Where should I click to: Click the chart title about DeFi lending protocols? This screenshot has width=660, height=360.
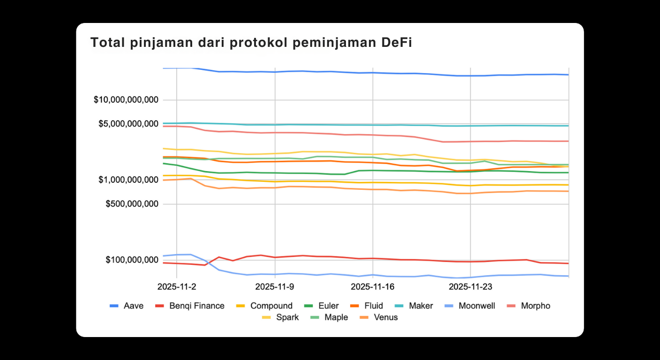(251, 43)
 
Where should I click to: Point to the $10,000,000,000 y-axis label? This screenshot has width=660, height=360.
(126, 100)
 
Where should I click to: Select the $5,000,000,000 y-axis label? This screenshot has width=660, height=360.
(128, 124)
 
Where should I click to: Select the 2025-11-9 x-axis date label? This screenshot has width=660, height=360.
(275, 286)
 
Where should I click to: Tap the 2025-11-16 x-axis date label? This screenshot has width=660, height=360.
(373, 286)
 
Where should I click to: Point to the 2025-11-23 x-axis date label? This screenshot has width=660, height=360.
(470, 286)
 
